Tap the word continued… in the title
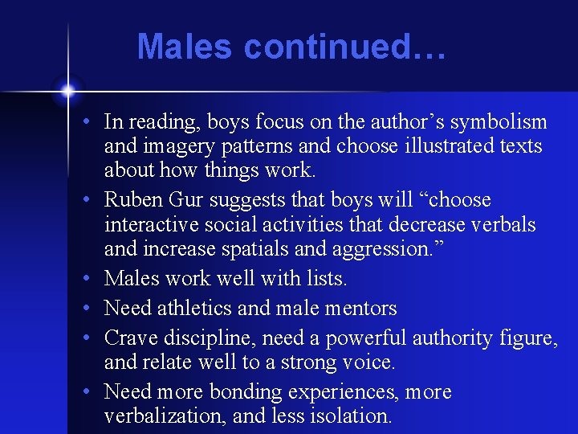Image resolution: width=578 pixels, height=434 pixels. click(x=344, y=47)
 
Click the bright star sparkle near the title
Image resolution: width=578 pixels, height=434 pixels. click(x=67, y=88)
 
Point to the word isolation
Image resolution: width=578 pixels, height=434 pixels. click(x=348, y=416)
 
